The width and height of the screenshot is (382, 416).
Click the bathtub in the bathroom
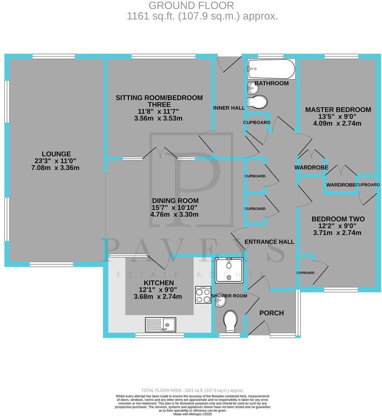pyautogui.click(x=271, y=69)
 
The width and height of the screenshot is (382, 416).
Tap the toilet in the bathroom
pyautogui.click(x=258, y=102)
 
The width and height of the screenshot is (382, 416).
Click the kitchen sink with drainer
pyautogui.click(x=161, y=324)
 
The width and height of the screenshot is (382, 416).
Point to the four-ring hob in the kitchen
pyautogui.click(x=203, y=296)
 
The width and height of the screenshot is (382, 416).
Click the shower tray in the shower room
pyautogui.click(x=229, y=269)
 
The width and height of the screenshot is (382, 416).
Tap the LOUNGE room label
pyautogui.click(x=57, y=154)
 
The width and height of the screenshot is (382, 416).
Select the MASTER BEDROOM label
pyautogui.click(x=337, y=109)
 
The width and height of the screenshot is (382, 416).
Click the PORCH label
pyautogui.click(x=271, y=313)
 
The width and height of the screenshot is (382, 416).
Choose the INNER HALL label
pyautogui.click(x=229, y=108)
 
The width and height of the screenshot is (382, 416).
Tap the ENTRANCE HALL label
pyautogui.click(x=269, y=242)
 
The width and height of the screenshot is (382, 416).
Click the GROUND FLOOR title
pyautogui.click(x=191, y=5)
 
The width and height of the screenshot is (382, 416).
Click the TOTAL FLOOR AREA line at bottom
pyautogui.click(x=192, y=391)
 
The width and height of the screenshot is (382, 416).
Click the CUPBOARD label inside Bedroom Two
pyautogui.click(x=305, y=273)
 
